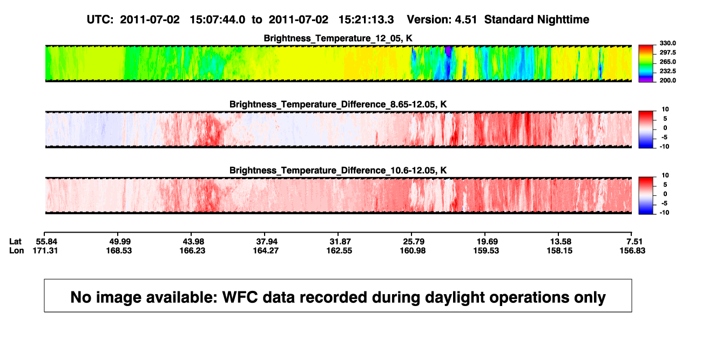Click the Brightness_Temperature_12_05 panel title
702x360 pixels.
pos(338,38)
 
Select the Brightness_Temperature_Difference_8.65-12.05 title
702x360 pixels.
pos(338,104)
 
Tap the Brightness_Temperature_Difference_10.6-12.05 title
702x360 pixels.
pos(338,171)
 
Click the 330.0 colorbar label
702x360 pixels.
pos(667,43)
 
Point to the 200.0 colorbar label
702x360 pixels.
pos(667,80)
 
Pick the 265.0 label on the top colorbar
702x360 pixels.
pos(667,62)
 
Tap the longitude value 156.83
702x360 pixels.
pos(632,250)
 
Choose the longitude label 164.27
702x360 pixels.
pos(266,250)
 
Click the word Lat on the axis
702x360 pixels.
pos(15,242)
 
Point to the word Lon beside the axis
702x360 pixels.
pos(17,250)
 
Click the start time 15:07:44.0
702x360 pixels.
pos(218,20)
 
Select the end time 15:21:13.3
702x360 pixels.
pos(366,20)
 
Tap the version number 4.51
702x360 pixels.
pos(466,20)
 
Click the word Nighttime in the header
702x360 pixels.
pos(563,20)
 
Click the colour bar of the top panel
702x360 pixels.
pos(646,64)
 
